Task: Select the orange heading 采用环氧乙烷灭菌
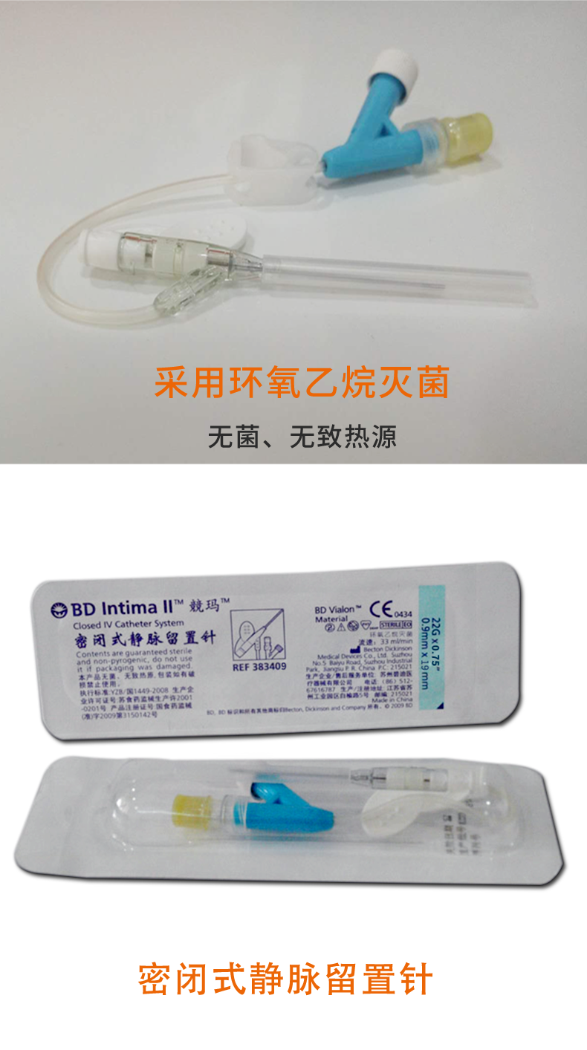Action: point(302,384)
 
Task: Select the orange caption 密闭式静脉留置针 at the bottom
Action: point(285,979)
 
